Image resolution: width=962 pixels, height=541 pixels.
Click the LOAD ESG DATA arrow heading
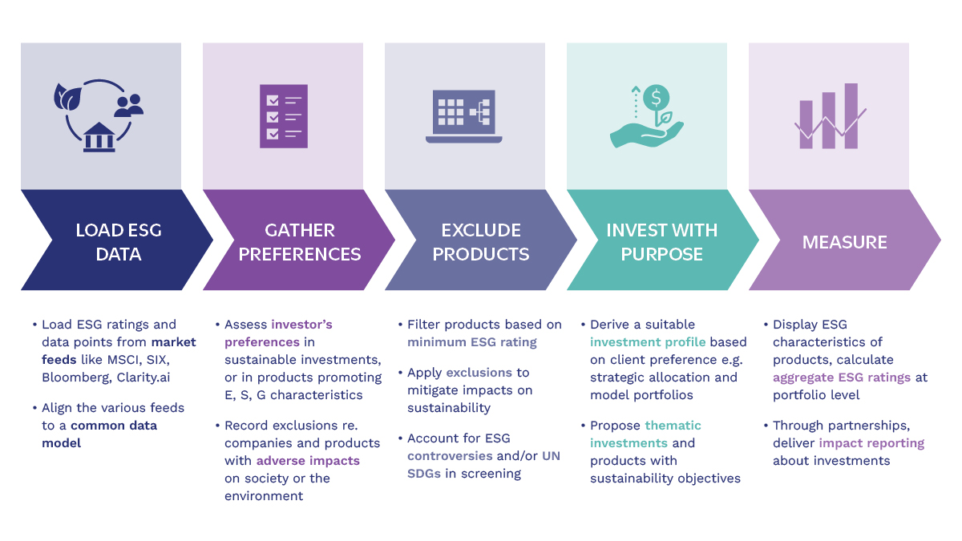[x=119, y=242]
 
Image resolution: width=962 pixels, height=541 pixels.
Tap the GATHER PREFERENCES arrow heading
[x=300, y=242]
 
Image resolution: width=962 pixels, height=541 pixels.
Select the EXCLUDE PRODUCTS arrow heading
[x=482, y=242]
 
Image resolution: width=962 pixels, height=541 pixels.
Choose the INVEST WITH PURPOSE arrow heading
[x=661, y=242]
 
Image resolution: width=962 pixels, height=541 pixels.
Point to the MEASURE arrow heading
[x=845, y=242]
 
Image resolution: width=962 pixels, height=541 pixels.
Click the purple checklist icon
[x=284, y=115]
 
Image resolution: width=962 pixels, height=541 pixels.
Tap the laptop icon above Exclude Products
[x=464, y=116]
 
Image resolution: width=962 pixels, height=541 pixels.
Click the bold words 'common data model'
[x=99, y=434]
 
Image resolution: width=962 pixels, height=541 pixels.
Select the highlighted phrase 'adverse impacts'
[x=308, y=461]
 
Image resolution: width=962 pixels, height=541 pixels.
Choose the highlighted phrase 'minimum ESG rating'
[x=472, y=342]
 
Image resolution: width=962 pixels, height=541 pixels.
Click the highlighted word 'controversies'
[x=450, y=456]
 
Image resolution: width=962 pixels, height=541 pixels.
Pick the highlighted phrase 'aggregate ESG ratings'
[x=842, y=377]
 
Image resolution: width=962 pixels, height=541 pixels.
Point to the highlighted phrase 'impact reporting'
[x=871, y=443]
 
